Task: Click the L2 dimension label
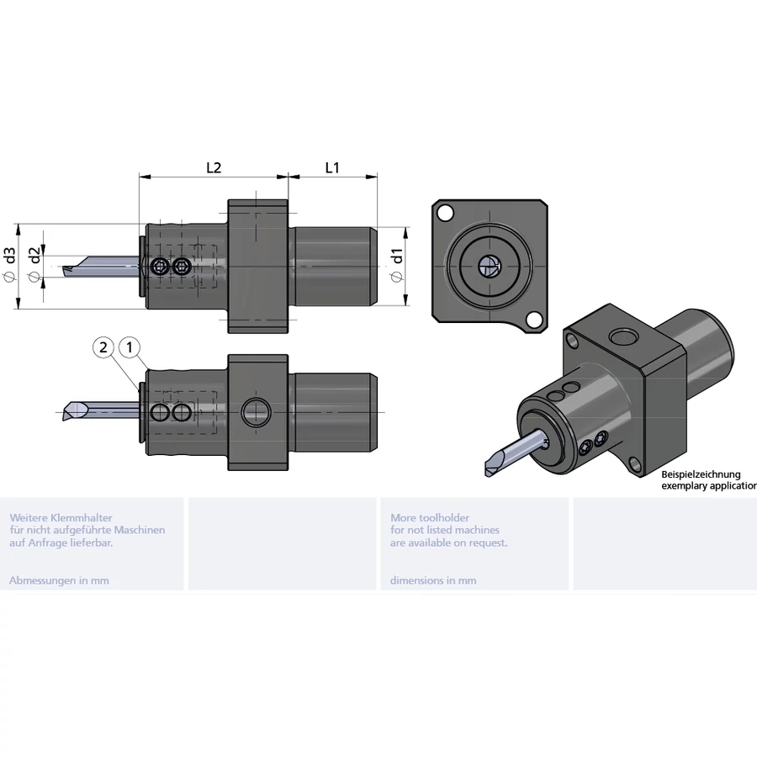[214, 167]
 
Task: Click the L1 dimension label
[332, 167]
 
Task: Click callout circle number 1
[130, 347]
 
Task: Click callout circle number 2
[103, 347]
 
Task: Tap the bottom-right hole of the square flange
[533, 320]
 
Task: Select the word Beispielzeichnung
[701, 474]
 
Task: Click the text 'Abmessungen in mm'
[59, 580]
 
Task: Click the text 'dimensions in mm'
[433, 580]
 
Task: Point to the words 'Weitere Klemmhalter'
[61, 518]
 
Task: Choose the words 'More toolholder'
[430, 518]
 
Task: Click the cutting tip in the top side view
[69, 270]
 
